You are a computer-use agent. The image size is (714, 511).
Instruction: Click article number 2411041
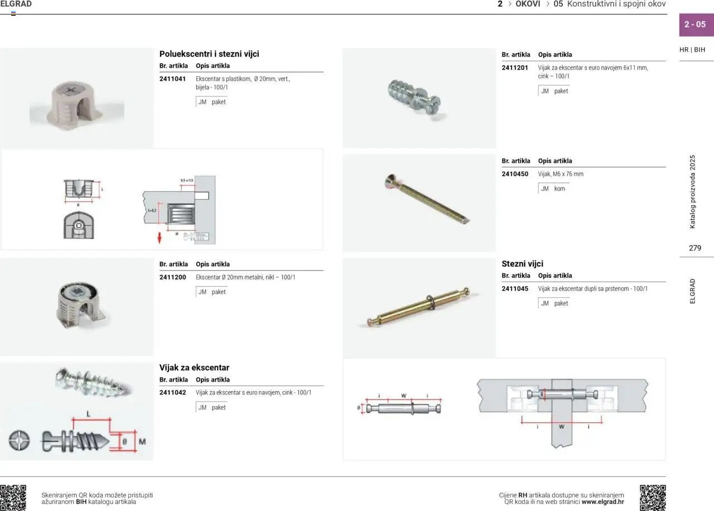click(172, 79)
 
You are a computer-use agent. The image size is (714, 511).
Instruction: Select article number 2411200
click(172, 277)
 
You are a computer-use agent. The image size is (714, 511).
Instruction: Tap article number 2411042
click(172, 393)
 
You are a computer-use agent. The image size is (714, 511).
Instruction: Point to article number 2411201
click(514, 68)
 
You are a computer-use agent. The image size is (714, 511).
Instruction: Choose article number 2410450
click(514, 174)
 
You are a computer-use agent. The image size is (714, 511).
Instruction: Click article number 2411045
click(514, 289)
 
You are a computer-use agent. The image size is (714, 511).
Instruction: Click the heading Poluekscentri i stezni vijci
click(209, 54)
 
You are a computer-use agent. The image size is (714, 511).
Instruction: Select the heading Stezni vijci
click(522, 264)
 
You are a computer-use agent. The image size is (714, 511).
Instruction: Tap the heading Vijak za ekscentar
click(194, 368)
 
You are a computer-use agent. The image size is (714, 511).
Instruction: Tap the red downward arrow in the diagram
click(160, 238)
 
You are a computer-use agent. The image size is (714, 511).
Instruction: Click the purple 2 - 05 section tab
click(695, 25)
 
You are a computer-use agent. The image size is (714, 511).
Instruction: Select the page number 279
click(695, 248)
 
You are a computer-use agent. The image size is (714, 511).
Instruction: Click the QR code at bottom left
click(13, 498)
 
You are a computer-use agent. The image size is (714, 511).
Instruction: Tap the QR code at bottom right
click(652, 498)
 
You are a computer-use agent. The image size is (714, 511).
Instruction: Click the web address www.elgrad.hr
click(602, 502)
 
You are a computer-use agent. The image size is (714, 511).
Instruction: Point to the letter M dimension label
click(142, 442)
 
